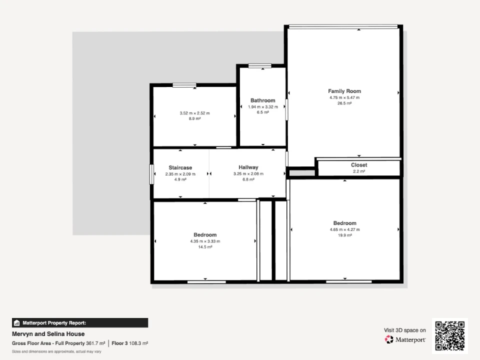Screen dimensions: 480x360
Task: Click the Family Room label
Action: click(344, 91)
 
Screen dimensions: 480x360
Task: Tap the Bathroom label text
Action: click(262, 100)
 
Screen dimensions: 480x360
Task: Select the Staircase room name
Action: click(180, 168)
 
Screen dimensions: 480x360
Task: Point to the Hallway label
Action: click(248, 167)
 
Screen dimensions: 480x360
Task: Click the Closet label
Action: click(359, 165)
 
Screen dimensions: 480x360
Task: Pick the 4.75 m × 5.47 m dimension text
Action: click(344, 97)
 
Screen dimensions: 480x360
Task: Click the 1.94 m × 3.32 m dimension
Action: click(262, 107)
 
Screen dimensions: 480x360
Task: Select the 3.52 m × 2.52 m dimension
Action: click(194, 113)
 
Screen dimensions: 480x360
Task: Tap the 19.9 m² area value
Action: click(344, 235)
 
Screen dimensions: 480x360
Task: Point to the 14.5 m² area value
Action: click(205, 247)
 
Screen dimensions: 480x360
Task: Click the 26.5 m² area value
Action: click(344, 103)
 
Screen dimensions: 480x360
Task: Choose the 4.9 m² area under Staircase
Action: click(180, 179)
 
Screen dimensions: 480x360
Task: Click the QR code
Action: click(449, 336)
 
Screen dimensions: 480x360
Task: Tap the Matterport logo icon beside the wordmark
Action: click(389, 339)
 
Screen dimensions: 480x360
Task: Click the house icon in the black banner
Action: click(17, 323)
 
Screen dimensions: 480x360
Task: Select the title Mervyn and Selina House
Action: click(48, 334)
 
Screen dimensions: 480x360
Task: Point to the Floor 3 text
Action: click(119, 343)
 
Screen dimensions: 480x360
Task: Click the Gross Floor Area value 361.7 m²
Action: click(95, 343)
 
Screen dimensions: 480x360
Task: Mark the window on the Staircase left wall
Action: click(151, 174)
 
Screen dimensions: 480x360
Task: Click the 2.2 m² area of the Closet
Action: click(359, 171)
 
